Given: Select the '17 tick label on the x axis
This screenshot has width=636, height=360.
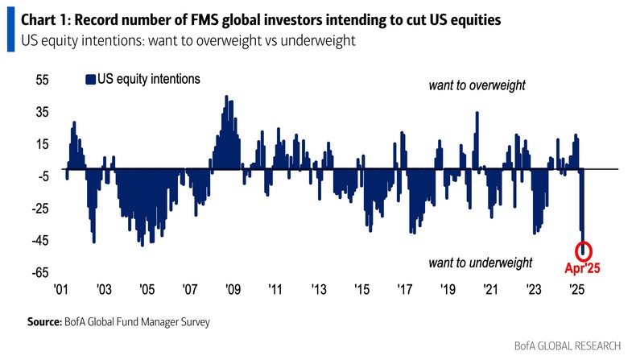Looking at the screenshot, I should tap(404, 290).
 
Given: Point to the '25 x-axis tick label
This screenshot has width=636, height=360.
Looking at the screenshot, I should tap(576, 290).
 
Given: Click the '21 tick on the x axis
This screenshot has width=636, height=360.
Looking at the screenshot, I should tap(490, 290).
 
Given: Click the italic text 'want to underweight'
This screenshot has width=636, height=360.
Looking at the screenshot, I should tap(480, 263).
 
